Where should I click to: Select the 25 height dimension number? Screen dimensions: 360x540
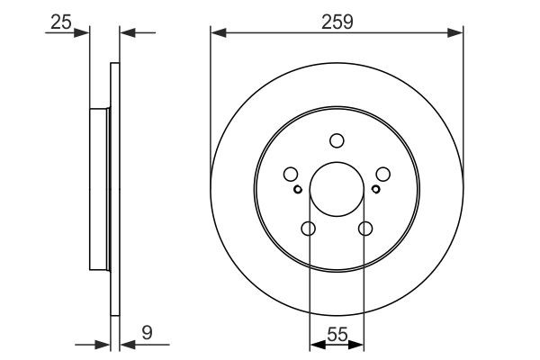[60, 21]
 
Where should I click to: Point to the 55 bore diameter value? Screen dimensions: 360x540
[337, 334]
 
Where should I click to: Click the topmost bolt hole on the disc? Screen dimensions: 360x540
[337, 140]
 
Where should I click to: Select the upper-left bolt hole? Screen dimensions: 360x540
[291, 175]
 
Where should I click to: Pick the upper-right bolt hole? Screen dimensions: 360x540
[382, 175]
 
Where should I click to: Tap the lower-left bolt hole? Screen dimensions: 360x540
[308, 229]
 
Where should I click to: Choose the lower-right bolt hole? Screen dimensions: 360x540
[365, 229]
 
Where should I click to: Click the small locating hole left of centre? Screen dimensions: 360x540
[298, 189]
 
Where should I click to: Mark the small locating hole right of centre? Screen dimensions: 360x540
[375, 189]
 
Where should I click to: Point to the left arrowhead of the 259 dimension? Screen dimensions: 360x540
[217, 33]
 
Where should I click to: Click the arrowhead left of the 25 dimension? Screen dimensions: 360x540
[85, 33]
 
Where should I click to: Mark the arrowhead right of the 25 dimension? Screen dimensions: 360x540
[125, 33]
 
